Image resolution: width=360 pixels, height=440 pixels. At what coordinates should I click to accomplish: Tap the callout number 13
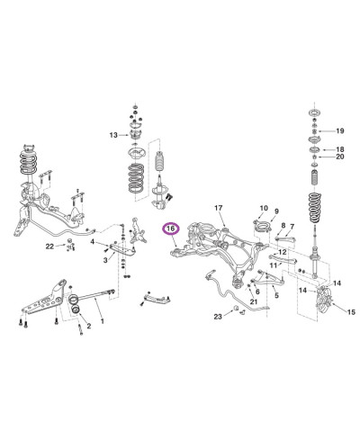[113, 135]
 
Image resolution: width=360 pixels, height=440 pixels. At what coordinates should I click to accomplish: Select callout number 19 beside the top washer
[339, 131]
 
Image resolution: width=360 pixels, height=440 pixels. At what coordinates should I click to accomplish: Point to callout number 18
[339, 148]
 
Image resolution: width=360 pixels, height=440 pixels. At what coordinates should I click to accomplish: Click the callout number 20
[339, 157]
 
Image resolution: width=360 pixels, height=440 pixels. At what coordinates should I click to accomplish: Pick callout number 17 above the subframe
[218, 210]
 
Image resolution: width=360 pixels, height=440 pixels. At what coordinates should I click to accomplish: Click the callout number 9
[277, 211]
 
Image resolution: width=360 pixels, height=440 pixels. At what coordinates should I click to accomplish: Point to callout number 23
[218, 317]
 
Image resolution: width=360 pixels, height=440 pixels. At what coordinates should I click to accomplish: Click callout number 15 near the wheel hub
[350, 312]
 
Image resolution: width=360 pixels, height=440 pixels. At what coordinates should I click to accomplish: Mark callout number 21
[255, 301]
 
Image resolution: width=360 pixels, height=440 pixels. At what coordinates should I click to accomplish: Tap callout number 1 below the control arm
[102, 321]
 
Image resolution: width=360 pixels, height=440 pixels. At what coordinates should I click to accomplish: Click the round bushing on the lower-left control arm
[76, 310]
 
